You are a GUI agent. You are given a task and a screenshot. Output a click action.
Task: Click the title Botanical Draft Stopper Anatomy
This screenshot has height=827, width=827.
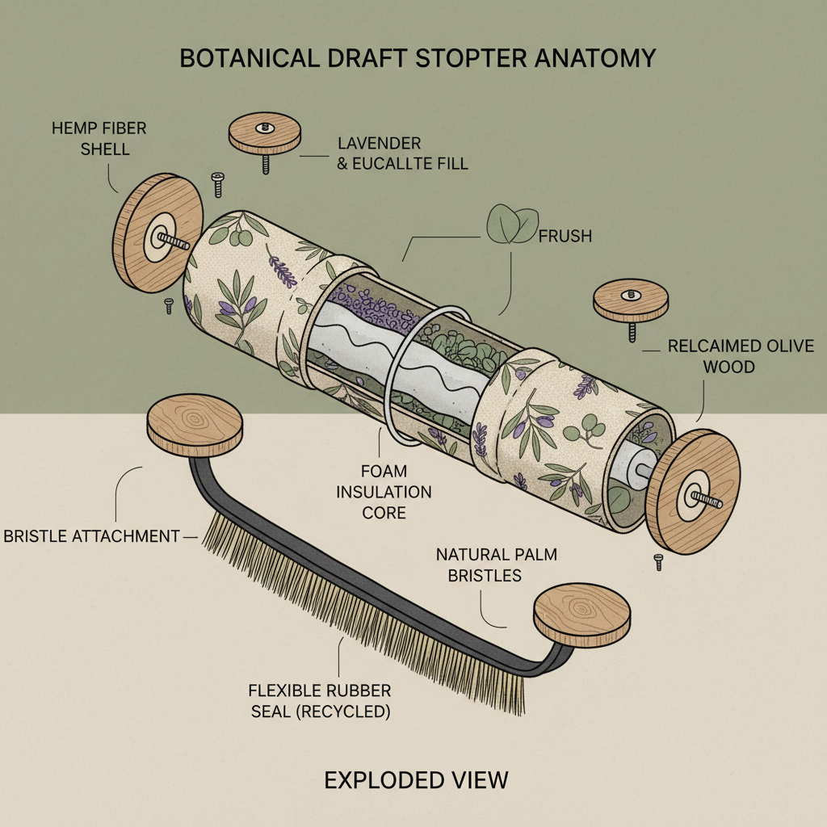[417, 59]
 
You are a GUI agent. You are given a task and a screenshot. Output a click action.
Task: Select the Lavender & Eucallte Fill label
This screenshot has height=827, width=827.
[402, 153]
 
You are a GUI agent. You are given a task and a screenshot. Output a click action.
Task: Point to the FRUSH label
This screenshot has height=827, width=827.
[565, 236]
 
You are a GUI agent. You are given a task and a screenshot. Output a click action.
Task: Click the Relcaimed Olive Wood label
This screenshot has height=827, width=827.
[740, 356]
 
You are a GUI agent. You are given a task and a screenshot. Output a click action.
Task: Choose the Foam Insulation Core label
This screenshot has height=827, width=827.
[384, 491]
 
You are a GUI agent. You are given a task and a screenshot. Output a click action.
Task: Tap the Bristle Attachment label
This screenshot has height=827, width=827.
[91, 535]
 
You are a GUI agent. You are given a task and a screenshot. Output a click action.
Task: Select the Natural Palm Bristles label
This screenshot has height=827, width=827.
[497, 565]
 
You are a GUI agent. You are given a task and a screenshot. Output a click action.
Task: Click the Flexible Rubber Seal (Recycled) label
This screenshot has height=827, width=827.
[320, 701]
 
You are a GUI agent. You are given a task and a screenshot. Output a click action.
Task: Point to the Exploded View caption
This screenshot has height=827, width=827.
[416, 779]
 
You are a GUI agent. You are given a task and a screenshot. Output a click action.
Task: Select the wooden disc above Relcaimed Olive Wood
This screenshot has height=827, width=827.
[632, 300]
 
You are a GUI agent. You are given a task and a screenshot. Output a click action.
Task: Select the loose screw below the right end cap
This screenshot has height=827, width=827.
[658, 561]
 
